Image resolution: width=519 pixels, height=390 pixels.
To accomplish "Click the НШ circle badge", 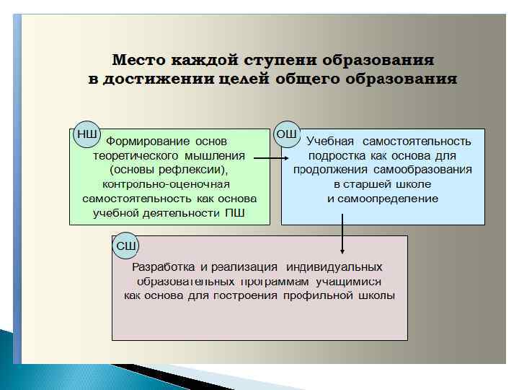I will coord(86,134).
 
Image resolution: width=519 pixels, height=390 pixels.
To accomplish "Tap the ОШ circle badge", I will coord(287,134).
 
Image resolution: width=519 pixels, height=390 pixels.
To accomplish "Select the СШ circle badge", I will coord(126,246).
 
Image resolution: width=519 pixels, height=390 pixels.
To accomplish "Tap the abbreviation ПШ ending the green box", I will coord(234,212).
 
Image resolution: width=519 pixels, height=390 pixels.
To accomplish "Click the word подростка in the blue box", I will coord(337,155).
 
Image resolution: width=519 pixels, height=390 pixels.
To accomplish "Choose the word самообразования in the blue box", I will coord(423,170).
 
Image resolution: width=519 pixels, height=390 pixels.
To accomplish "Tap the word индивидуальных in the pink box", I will coord(334,267).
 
